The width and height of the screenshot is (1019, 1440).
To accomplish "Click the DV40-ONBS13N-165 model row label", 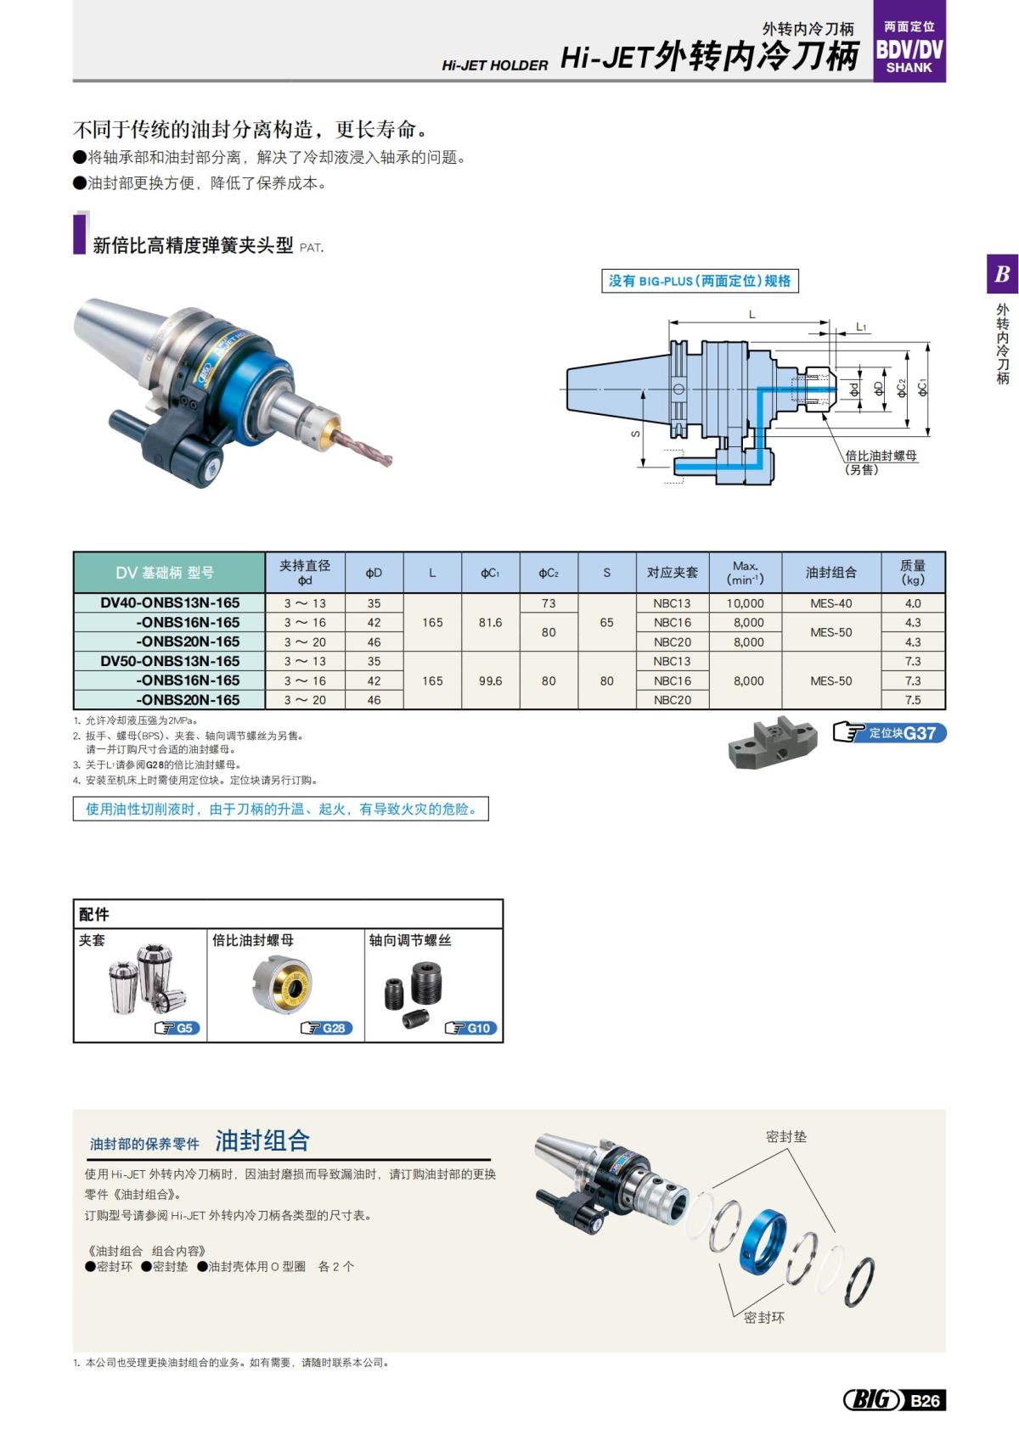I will click(170, 603).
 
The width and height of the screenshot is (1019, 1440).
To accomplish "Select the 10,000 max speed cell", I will click(746, 603).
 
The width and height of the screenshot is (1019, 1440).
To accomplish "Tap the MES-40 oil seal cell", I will click(830, 603).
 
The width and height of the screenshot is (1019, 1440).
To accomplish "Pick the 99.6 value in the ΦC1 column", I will click(490, 681).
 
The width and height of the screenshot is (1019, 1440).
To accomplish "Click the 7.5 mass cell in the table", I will click(913, 700).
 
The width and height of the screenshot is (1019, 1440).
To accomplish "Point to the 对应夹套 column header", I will click(673, 573).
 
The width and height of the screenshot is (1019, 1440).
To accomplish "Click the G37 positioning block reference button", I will click(890, 733).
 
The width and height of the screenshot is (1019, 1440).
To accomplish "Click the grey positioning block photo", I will click(772, 742).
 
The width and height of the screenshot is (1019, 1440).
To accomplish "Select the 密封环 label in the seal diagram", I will click(763, 1317).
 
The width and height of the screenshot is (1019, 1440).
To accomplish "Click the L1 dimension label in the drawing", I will click(861, 327).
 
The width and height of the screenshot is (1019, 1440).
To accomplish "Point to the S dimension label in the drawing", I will click(635, 434).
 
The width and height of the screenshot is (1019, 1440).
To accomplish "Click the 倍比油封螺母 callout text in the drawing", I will click(881, 456).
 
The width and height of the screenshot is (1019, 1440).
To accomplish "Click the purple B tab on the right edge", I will click(1002, 274).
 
